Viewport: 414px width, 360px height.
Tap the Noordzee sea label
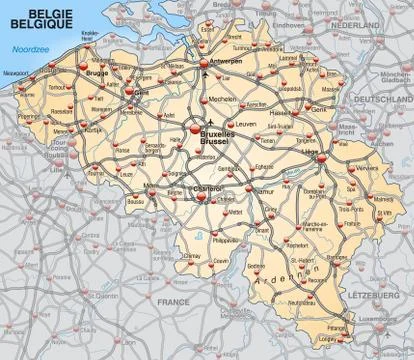(x=19, y=49)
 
